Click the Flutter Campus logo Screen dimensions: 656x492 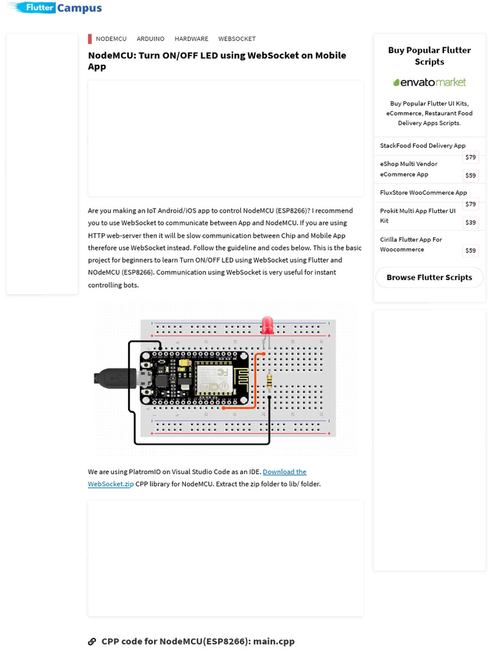(57, 8)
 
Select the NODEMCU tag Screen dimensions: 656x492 (111, 39)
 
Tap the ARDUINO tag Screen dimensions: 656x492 (151, 39)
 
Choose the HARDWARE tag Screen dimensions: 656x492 (191, 39)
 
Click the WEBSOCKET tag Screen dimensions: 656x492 (236, 39)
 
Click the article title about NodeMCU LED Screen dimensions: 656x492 (217, 61)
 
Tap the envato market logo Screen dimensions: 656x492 (429, 82)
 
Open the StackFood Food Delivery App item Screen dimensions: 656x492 (422, 145)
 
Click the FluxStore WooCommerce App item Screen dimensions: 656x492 (423, 192)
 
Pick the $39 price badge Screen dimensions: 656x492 (471, 222)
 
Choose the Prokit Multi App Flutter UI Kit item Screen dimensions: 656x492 (417, 215)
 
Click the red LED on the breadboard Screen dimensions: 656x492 (267, 325)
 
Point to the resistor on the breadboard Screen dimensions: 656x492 (269, 381)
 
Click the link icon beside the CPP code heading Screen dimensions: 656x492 (92, 641)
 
